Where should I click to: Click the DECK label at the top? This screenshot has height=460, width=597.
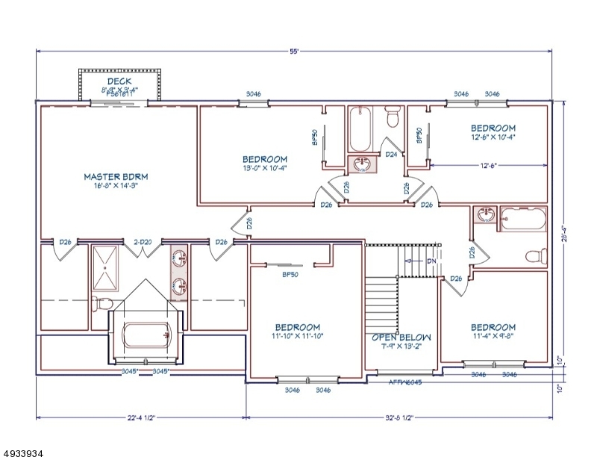119,81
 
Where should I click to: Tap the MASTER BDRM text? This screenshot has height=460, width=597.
116,177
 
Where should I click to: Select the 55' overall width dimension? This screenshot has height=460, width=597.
296,52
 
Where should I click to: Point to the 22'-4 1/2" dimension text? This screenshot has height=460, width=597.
141,418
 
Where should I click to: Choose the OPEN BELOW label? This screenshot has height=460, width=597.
401,337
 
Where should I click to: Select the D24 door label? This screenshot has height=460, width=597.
390,155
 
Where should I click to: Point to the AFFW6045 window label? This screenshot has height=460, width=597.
405,381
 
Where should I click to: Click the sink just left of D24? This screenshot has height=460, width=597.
363,164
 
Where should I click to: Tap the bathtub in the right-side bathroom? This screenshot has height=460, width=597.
524,217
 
